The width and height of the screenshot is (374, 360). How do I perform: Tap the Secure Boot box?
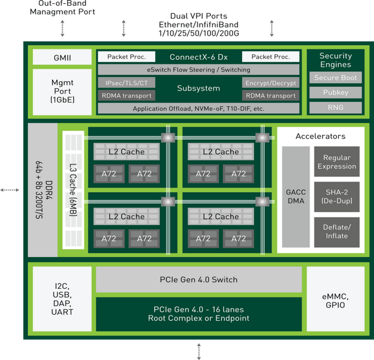pos(335,78)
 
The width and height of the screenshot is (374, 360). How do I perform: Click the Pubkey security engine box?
pos(335,92)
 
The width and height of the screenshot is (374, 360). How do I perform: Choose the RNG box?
pos(335,108)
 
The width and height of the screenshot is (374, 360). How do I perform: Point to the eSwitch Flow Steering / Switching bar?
pos(198,70)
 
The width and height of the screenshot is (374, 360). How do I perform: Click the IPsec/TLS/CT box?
pos(126,83)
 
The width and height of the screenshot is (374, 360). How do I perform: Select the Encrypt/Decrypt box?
pos(270,83)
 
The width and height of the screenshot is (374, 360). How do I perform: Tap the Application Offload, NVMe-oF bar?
pos(198,109)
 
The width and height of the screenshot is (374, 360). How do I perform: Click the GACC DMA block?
pos(296,196)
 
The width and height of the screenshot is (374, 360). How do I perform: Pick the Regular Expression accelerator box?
pos(336,162)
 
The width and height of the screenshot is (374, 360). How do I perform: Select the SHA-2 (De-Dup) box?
pos(336,196)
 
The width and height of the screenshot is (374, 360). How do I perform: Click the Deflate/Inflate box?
pos(336,231)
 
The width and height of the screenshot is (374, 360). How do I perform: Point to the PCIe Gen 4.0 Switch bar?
pos(198,279)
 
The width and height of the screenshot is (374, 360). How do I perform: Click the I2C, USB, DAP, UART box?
pos(62,301)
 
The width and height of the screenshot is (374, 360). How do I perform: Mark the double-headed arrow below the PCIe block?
pos(198,351)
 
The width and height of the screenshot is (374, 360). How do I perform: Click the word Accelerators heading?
pos(320,137)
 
